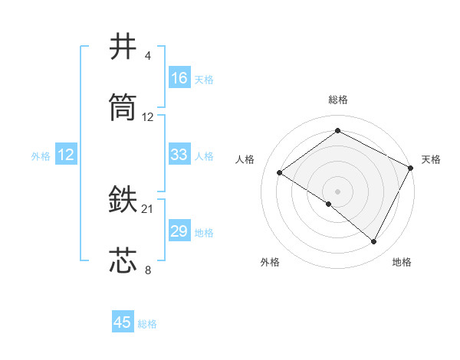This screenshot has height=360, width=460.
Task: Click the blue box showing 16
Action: [x=179, y=78]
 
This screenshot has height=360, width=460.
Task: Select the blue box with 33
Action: [x=179, y=155]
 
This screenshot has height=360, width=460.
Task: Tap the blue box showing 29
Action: [x=179, y=231]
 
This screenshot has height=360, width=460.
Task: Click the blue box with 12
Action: [x=66, y=155]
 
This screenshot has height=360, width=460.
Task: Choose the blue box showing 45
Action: [x=123, y=322]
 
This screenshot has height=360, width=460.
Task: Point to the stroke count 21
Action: [x=148, y=208]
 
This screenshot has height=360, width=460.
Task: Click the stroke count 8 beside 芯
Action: [x=148, y=270]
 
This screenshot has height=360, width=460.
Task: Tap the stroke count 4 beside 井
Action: [x=148, y=56]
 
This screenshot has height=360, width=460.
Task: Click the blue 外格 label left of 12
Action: [x=41, y=156]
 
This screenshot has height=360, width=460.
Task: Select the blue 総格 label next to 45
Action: [x=147, y=324]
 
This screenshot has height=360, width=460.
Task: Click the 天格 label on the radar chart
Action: [x=431, y=159]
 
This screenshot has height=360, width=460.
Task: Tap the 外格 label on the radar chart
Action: [x=270, y=262]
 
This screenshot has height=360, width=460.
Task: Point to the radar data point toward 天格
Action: [x=411, y=167]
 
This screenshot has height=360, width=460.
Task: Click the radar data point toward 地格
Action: [x=374, y=242]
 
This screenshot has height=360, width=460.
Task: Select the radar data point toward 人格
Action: [x=280, y=172]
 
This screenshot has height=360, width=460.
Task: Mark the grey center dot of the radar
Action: [x=337, y=191]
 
